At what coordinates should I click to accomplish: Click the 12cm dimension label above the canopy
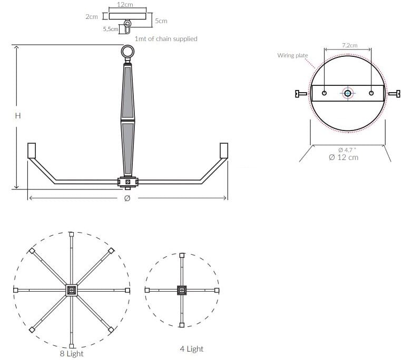click(x=125, y=4)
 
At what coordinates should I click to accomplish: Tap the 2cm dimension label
click(x=91, y=17)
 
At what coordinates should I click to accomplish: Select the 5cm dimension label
click(x=161, y=21)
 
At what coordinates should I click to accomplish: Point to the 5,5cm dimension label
click(x=111, y=29)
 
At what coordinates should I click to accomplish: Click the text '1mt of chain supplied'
click(x=166, y=39)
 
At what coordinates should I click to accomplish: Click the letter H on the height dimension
click(x=17, y=115)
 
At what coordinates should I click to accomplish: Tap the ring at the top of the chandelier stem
click(x=128, y=52)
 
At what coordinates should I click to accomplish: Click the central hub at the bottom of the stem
click(x=127, y=182)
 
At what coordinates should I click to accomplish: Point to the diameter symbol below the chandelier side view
click(x=126, y=198)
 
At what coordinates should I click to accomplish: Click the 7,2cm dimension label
click(x=350, y=45)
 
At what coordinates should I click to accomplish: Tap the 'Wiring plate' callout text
click(x=292, y=55)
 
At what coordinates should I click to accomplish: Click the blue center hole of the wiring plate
click(x=347, y=94)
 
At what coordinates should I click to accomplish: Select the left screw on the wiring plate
click(x=300, y=94)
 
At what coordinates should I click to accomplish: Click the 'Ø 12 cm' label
click(x=343, y=157)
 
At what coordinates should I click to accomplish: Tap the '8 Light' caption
click(x=72, y=354)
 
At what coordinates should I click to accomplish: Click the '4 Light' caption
click(x=191, y=348)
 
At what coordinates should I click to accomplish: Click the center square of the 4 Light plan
click(x=182, y=290)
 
